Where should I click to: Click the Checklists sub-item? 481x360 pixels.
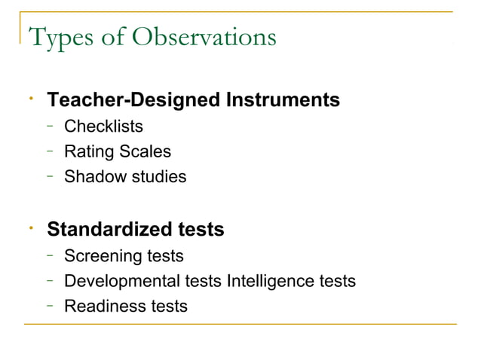(x=103, y=126)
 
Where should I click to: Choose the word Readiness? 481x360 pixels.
(x=103, y=307)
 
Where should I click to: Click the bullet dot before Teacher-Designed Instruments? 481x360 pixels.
(x=27, y=96)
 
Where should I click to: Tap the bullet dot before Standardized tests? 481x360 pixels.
(x=27, y=226)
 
